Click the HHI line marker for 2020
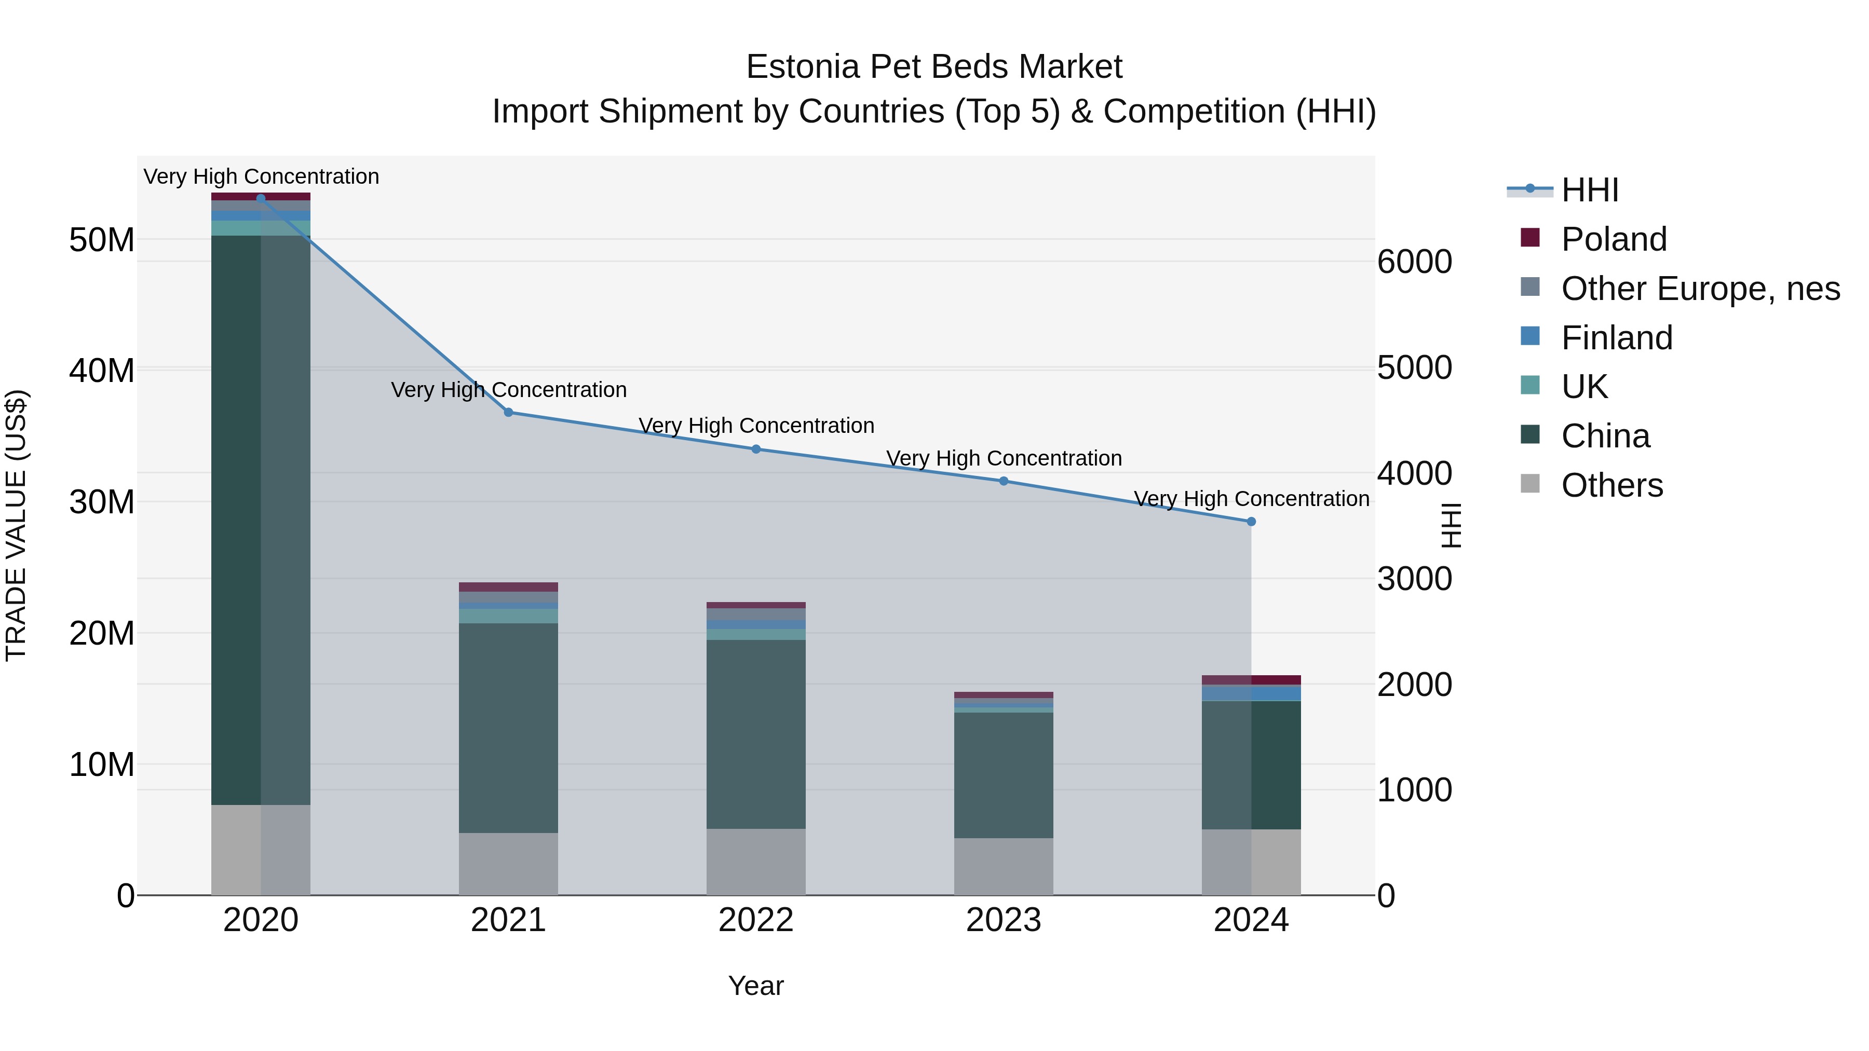coord(261,198)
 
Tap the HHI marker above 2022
coord(756,449)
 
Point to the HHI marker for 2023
coord(1004,481)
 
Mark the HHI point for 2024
coord(1251,522)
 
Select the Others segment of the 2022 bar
coord(756,862)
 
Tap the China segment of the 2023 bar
coord(1004,775)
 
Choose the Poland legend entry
coord(1614,239)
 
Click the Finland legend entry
coord(1617,338)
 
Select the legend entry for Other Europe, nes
coord(1700,289)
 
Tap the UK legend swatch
coord(1529,385)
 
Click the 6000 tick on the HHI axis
coord(1415,262)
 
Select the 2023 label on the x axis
coord(1004,920)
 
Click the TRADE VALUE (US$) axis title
coord(17,525)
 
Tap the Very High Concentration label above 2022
coord(756,426)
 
